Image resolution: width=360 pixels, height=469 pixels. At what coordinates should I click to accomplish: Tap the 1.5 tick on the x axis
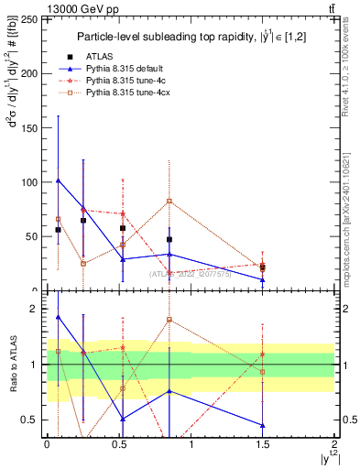pos(263,445)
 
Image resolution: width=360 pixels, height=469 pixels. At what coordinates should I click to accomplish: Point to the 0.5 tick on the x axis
pos(118,445)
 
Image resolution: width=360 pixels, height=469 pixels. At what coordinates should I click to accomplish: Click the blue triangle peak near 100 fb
pos(59,180)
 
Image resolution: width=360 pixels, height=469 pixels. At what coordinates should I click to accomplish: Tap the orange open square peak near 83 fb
pos(169,201)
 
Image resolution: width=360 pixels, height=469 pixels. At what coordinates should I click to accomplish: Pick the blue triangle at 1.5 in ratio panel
pos(263,425)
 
